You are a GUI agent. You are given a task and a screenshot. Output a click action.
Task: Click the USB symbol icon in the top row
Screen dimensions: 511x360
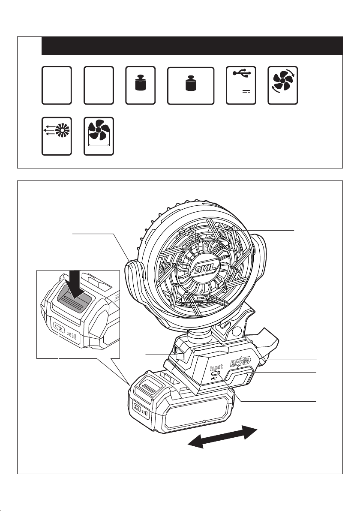point(240,73)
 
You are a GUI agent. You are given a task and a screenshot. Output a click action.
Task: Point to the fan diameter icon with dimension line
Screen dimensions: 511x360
point(99,133)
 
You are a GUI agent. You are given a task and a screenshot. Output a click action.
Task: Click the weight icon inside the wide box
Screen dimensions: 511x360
point(190,83)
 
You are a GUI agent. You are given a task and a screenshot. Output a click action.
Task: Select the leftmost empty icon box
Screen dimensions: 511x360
point(57,85)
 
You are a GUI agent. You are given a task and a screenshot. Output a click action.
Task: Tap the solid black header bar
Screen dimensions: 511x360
point(192,45)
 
